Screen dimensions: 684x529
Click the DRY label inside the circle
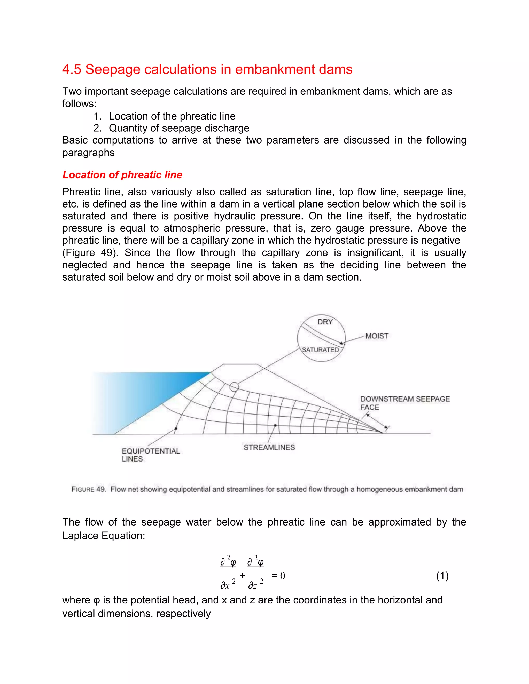325,322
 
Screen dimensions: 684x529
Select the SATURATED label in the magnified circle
320,350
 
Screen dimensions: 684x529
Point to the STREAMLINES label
269,448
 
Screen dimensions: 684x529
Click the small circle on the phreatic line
234,387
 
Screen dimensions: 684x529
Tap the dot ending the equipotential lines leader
176,428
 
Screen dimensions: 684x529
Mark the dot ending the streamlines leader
275,425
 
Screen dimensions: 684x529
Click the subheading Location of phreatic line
122,175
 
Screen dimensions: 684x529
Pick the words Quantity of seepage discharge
179,128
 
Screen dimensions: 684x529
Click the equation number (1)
442,576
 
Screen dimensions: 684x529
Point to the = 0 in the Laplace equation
278,576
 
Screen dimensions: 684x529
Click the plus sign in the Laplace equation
242,575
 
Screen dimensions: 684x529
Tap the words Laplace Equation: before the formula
103,536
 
